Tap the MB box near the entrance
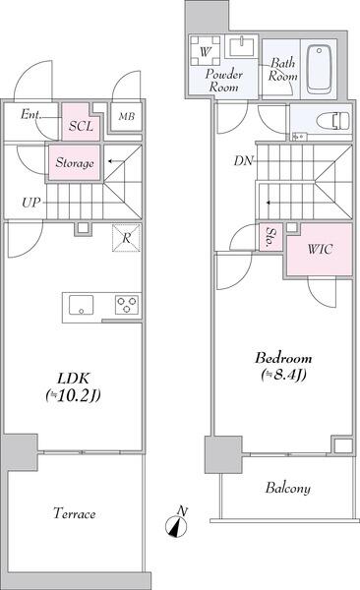click(127, 117)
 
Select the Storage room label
click(75, 163)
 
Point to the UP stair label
click(31, 205)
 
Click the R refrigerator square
click(125, 237)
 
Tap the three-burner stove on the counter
click(128, 304)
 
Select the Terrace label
click(74, 514)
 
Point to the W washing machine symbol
click(207, 51)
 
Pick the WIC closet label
click(320, 250)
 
